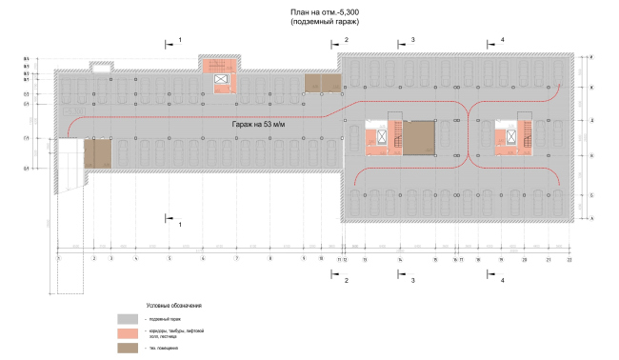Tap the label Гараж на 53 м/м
coord(264,126)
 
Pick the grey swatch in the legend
coord(128,319)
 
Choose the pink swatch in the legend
coord(128,332)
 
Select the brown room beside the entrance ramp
coord(97,153)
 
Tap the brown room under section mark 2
coord(323,82)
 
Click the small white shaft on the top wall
coord(100,67)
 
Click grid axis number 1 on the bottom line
coord(58,258)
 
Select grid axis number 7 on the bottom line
coord(235,258)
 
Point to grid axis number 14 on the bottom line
coord(399,258)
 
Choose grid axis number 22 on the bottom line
coord(569,258)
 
